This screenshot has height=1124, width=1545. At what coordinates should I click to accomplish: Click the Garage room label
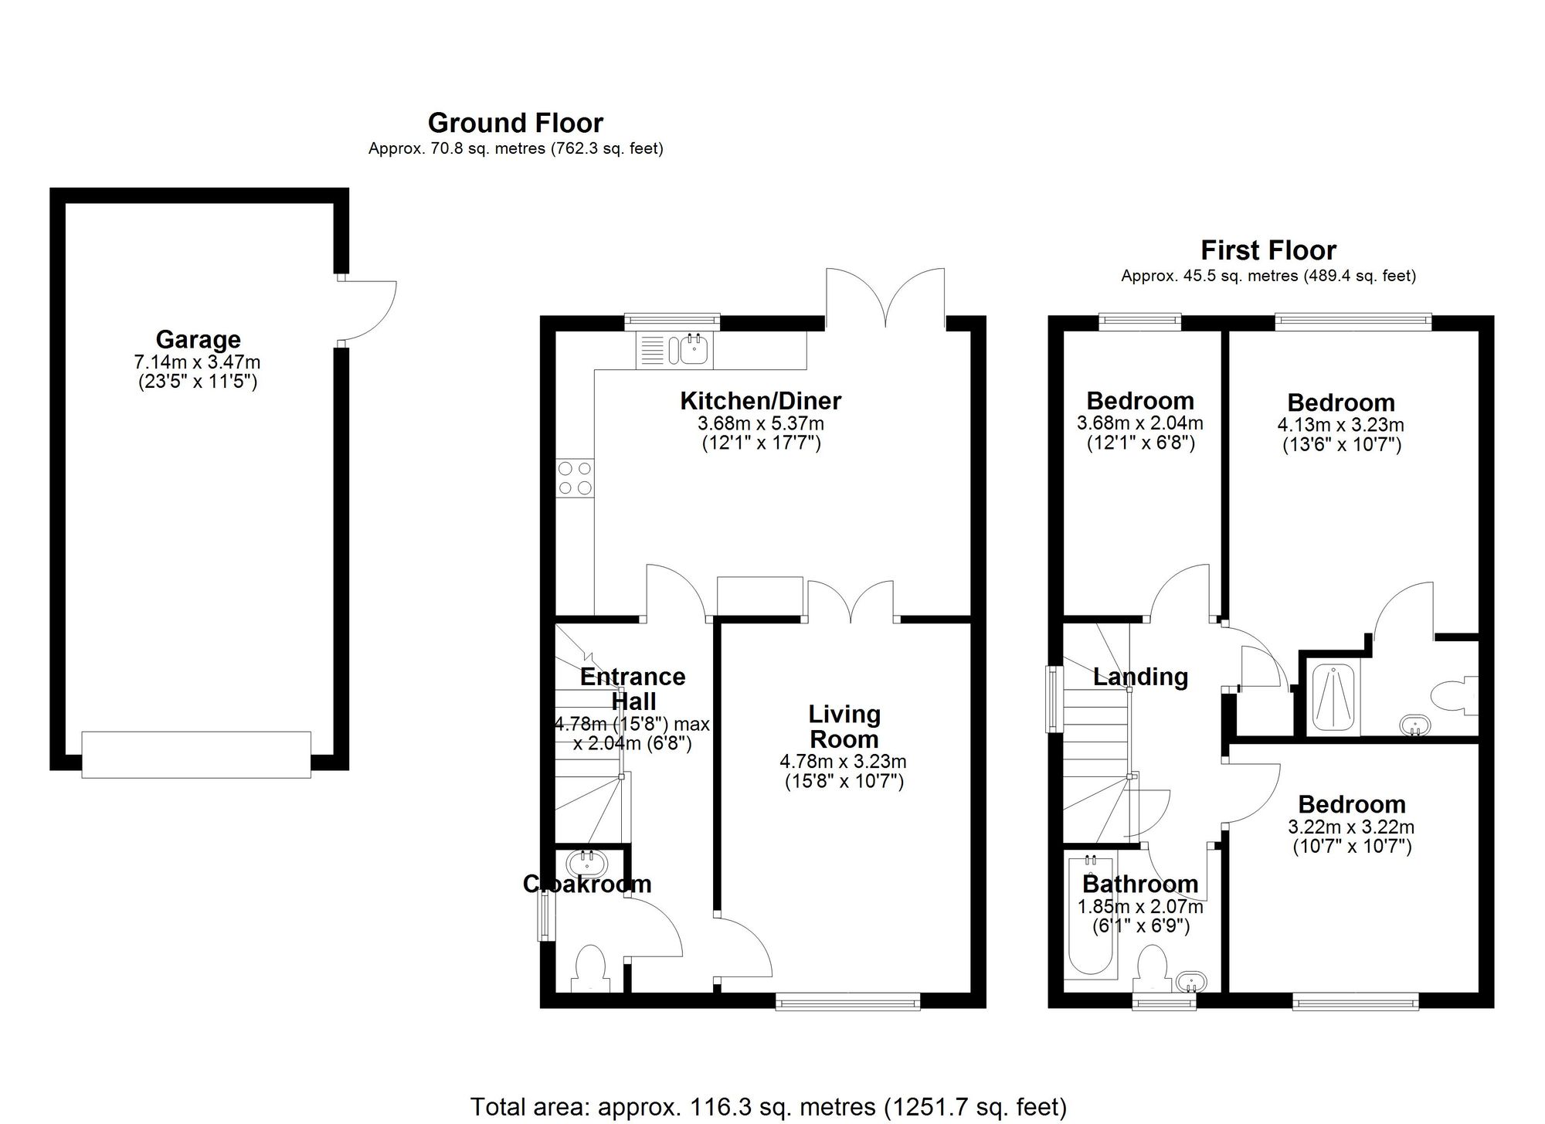pos(198,339)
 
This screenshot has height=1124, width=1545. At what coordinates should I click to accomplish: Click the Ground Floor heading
pos(515,123)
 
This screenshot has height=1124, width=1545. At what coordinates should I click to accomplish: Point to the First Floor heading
pos(1268,250)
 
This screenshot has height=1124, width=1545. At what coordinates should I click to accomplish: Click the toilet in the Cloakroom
pos(591,967)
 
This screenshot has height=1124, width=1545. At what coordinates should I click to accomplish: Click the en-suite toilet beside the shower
pos(1453,693)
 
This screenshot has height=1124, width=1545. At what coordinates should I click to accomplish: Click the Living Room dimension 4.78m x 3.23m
pos(844,762)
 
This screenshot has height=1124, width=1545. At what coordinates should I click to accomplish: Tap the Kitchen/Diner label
pos(760,401)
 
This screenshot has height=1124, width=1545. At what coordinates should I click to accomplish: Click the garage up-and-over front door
pos(196,755)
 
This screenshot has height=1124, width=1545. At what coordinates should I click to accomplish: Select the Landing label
pos(1140,677)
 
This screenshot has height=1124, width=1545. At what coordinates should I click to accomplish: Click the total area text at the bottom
pos(768,1106)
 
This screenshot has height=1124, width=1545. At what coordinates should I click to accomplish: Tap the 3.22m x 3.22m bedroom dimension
pos(1351,827)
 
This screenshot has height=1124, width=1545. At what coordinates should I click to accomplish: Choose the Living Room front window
pos(847,1003)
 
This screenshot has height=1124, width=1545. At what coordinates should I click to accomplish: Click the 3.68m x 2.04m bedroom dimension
pos(1139,423)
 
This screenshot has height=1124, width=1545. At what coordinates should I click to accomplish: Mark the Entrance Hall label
pos(633,689)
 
